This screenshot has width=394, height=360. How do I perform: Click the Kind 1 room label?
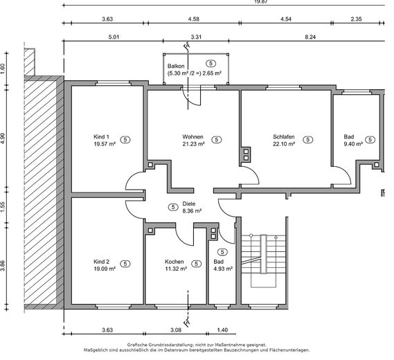(x=101, y=137)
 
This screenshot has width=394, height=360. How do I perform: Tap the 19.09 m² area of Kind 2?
(x=105, y=269)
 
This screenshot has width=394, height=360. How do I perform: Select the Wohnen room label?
(x=192, y=137)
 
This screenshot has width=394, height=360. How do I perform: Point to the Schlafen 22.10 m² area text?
(x=284, y=144)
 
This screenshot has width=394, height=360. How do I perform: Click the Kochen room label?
(x=174, y=262)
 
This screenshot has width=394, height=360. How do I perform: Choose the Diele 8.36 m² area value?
(x=192, y=211)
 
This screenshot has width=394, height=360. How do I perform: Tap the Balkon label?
(x=176, y=66)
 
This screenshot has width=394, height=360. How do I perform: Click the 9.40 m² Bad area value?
(x=353, y=144)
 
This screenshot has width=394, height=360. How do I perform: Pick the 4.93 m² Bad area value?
(x=223, y=269)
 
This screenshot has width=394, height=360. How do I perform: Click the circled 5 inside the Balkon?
(x=211, y=63)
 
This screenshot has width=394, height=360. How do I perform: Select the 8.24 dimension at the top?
(x=310, y=37)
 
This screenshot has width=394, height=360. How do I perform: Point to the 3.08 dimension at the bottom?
(x=176, y=330)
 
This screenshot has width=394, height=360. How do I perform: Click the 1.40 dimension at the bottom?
(x=222, y=330)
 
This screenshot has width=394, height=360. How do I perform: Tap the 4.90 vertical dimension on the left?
(x=3, y=138)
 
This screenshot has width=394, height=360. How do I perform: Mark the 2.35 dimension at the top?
(x=356, y=19)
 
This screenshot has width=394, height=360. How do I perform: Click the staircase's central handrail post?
(x=263, y=254)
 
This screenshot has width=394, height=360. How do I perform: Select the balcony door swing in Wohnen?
(x=192, y=99)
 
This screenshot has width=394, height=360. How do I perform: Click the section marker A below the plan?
(x=188, y=323)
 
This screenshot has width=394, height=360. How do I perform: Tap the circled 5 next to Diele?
(x=173, y=207)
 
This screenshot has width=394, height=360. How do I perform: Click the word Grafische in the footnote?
(x=136, y=345)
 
